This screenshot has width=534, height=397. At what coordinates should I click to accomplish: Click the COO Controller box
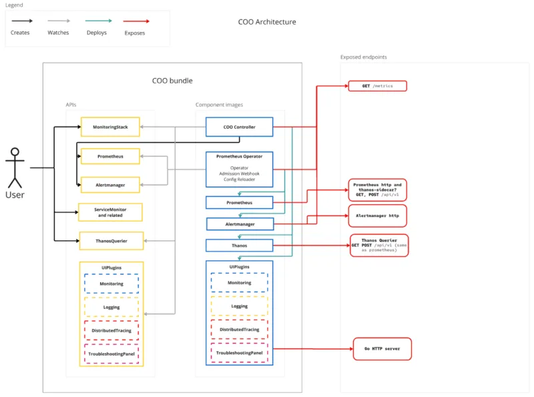coord(239,127)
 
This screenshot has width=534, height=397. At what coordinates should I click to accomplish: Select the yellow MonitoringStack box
coord(110,127)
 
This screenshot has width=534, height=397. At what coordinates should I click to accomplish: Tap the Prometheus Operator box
coord(239,168)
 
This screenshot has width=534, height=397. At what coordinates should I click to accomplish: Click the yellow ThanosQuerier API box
coord(110,240)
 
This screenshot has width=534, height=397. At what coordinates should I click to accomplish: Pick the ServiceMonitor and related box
coord(110,212)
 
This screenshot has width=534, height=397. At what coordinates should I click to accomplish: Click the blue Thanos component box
coord(239,246)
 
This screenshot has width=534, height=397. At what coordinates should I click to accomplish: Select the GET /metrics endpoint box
coord(377,86)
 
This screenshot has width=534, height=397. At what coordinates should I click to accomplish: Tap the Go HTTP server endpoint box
coord(382,349)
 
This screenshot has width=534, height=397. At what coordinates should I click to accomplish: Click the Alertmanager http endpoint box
coord(377,216)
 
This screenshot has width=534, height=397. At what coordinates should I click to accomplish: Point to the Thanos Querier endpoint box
coord(378,245)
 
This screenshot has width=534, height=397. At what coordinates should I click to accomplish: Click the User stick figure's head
coord(14,152)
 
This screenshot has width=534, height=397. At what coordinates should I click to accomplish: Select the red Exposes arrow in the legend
coord(134,21)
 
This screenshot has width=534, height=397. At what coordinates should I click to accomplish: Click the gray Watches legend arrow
coord(58,21)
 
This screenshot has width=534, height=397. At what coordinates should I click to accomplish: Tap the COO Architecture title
coord(266,22)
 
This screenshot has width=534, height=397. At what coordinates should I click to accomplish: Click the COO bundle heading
coord(172,81)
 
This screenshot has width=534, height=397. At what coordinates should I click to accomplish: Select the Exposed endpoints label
coord(363,57)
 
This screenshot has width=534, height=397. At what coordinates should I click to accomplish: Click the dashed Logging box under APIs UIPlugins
coord(111,306)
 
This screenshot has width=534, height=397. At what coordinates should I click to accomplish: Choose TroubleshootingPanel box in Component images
coord(239,352)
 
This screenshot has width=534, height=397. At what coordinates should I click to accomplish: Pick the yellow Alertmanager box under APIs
coord(110,184)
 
